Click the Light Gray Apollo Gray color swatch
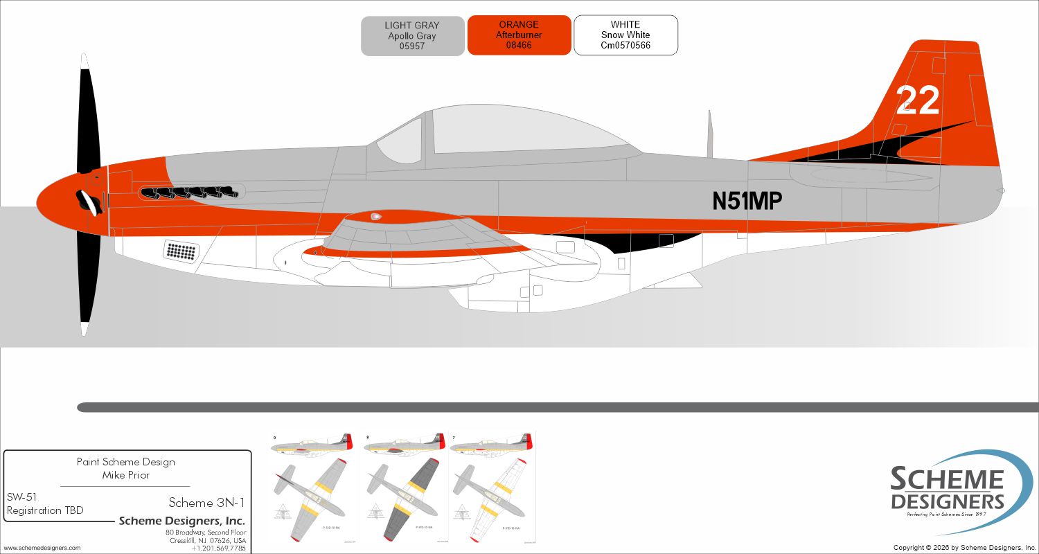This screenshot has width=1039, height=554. [412, 36]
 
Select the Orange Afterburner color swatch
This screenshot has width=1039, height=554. [519, 35]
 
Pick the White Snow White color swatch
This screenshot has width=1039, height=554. [625, 35]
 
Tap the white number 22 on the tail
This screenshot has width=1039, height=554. [918, 101]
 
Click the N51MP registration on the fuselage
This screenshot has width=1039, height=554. [747, 201]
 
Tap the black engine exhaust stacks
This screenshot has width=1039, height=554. [189, 193]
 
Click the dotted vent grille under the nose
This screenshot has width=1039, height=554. [181, 251]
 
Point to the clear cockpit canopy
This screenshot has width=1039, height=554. [513, 132]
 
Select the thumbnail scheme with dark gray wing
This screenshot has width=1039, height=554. [402, 488]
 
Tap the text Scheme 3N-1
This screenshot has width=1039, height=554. [206, 502]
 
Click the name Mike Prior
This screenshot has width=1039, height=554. [125, 475]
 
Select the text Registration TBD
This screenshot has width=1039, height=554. [45, 510]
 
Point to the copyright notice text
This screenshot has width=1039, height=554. [965, 548]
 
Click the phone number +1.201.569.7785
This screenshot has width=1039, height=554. [218, 548]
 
